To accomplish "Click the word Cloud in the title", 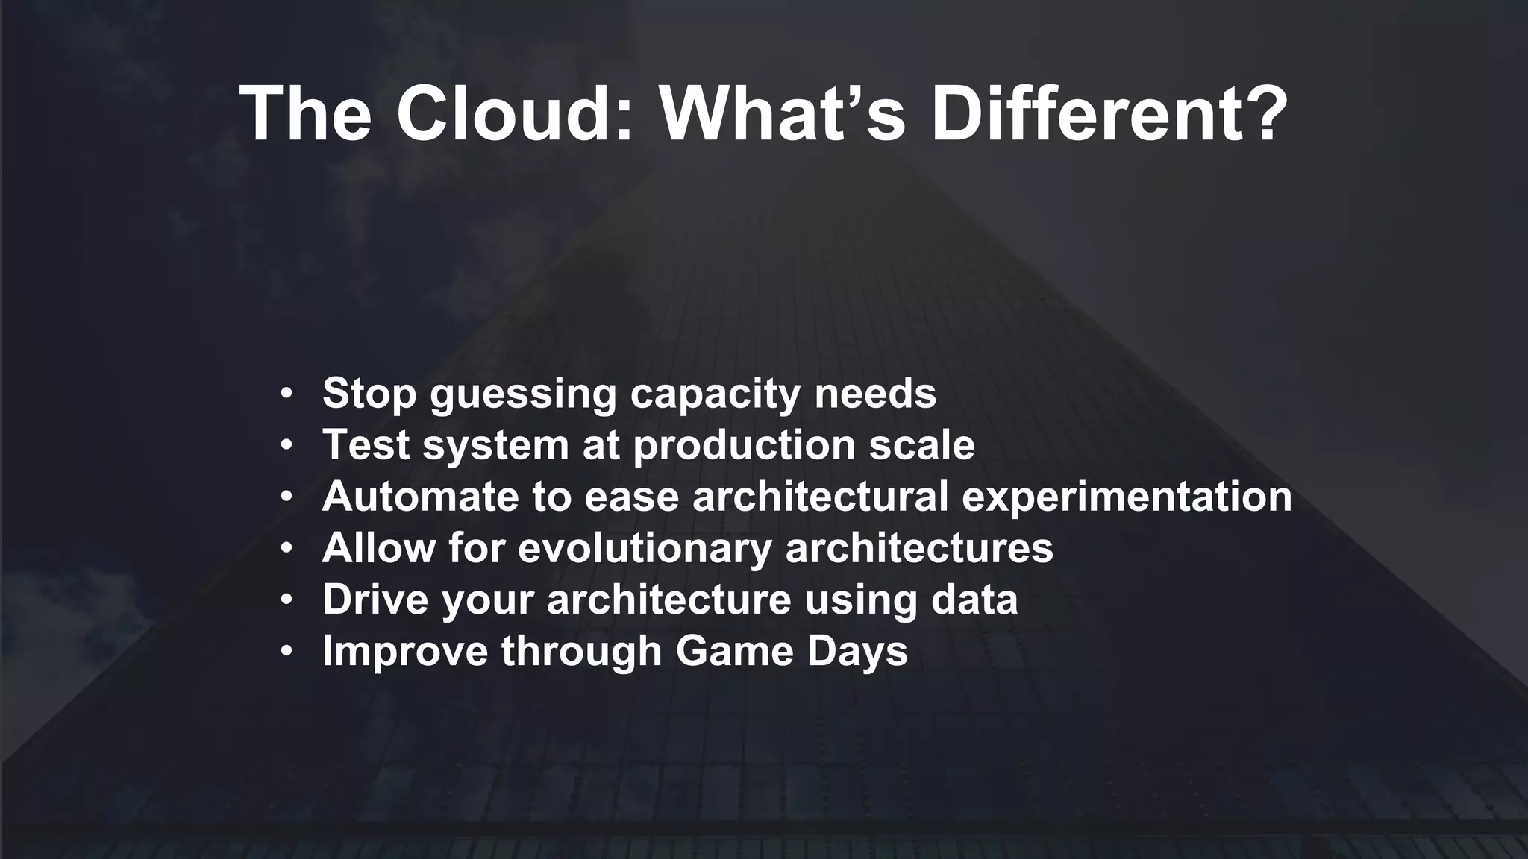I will coord(514,113).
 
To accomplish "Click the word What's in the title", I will coord(783,113).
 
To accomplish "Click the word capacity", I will coord(715,394).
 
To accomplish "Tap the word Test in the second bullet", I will coord(365,444).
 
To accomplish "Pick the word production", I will coord(744,446).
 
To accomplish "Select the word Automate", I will coord(420,496).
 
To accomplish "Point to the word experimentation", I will coord(1127,497).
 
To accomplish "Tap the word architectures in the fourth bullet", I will coord(919,547).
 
